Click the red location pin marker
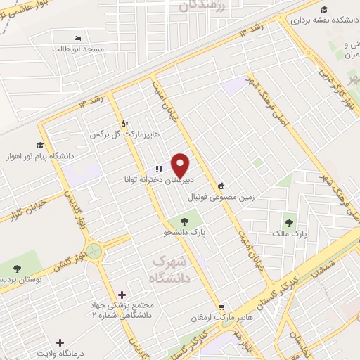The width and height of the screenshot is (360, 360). pos(181,164)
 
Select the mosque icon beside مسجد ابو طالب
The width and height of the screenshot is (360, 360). pos(77,38)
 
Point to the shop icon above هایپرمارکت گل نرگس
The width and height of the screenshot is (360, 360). pos(124,124)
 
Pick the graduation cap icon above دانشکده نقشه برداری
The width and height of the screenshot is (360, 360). pos(324,9)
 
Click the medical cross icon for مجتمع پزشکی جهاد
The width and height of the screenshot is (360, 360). pos(122,295)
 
